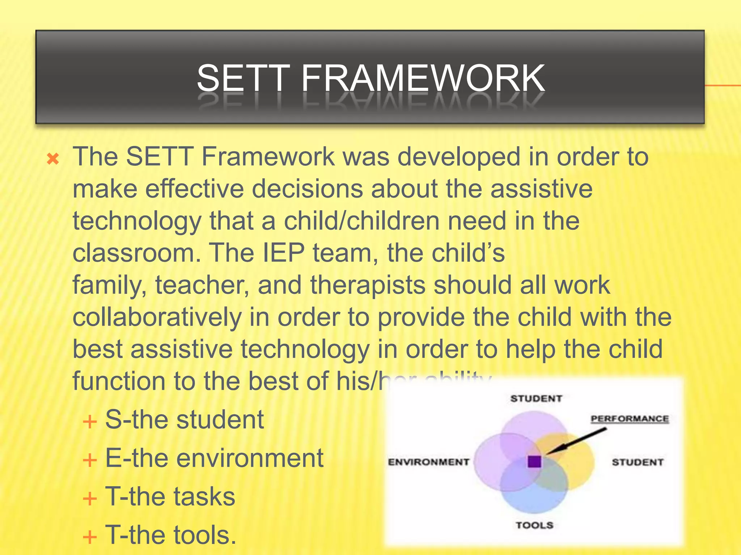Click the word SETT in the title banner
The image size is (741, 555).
(x=243, y=78)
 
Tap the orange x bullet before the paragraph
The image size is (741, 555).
(x=53, y=159)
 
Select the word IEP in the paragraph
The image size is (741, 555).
(x=283, y=253)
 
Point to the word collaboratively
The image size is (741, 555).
(x=157, y=317)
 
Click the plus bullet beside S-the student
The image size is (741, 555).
(x=90, y=422)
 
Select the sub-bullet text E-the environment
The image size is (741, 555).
(x=214, y=458)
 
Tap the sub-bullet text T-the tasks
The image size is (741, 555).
(x=170, y=496)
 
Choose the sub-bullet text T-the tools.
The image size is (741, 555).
(x=171, y=535)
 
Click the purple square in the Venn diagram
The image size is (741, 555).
(x=534, y=461)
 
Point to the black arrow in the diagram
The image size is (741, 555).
(x=575, y=442)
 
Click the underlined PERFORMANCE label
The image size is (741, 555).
(x=630, y=419)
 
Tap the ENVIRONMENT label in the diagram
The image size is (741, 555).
(x=428, y=462)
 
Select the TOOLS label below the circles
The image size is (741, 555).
(x=534, y=525)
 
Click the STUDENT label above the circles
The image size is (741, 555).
(x=536, y=399)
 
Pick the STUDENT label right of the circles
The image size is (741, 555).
(x=638, y=462)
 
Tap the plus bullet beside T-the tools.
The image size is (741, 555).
(x=90, y=537)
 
